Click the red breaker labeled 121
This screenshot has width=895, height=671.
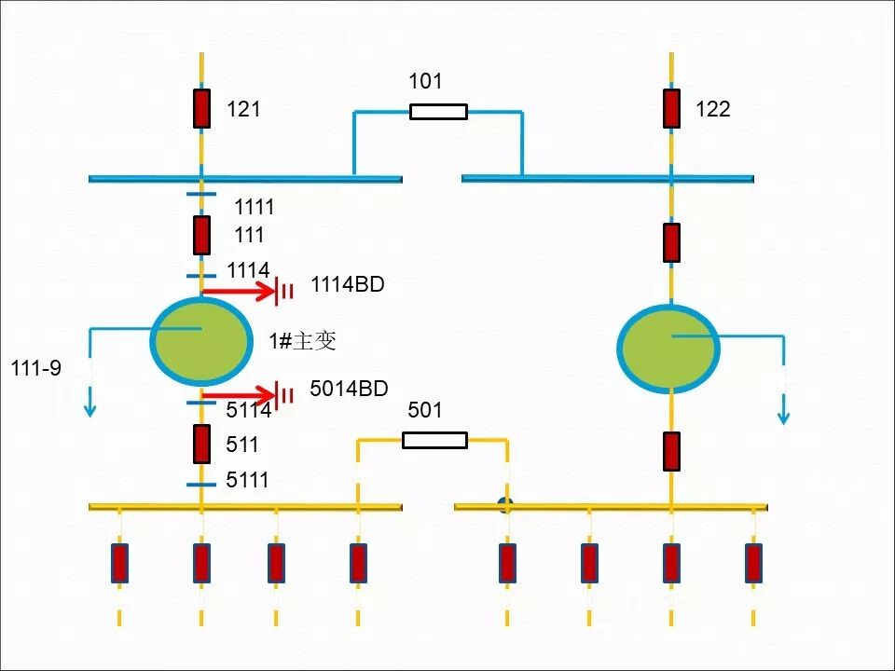point(201,109)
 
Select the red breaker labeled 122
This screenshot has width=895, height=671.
point(671,109)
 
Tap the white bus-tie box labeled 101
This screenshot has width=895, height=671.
point(438,112)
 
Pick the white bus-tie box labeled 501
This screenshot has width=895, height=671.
point(434,440)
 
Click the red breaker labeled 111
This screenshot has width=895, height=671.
point(201,235)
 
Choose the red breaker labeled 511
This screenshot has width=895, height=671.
point(201,444)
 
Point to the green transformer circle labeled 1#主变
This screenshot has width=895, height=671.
point(200,341)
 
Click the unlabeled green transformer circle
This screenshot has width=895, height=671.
point(668,348)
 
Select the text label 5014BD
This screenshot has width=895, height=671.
point(349,389)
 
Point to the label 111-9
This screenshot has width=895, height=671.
point(35,368)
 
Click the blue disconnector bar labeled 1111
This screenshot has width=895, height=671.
point(201,195)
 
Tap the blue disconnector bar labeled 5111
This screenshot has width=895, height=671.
point(201,485)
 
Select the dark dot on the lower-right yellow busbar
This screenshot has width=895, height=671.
point(506,506)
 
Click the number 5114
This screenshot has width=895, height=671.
point(248,410)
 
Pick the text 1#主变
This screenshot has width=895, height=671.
point(302,341)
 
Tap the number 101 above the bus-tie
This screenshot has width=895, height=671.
point(425,82)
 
